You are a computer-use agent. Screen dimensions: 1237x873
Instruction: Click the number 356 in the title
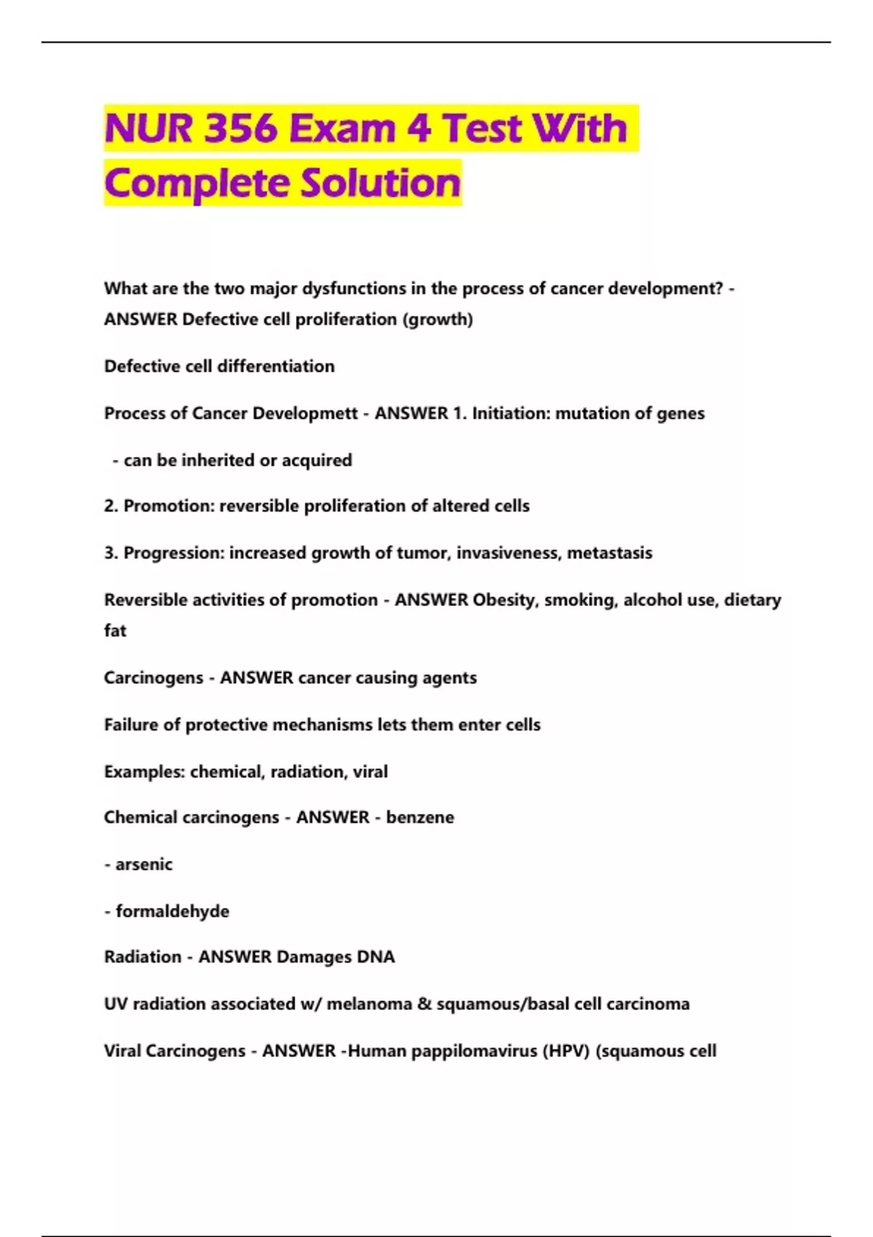(242, 129)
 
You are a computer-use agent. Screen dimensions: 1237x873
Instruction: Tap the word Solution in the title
(381, 183)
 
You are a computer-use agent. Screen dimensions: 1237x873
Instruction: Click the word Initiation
(509, 413)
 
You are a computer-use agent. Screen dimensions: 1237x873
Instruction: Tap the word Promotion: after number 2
(169, 506)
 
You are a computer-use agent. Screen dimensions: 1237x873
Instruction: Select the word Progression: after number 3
(174, 553)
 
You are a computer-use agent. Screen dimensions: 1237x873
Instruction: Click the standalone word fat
(115, 631)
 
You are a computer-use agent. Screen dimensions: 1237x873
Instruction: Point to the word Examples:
(144, 771)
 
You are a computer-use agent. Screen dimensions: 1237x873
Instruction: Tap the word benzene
(420, 817)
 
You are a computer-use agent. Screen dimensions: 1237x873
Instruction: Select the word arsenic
(144, 864)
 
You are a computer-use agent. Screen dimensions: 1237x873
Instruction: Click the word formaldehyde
(172, 911)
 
